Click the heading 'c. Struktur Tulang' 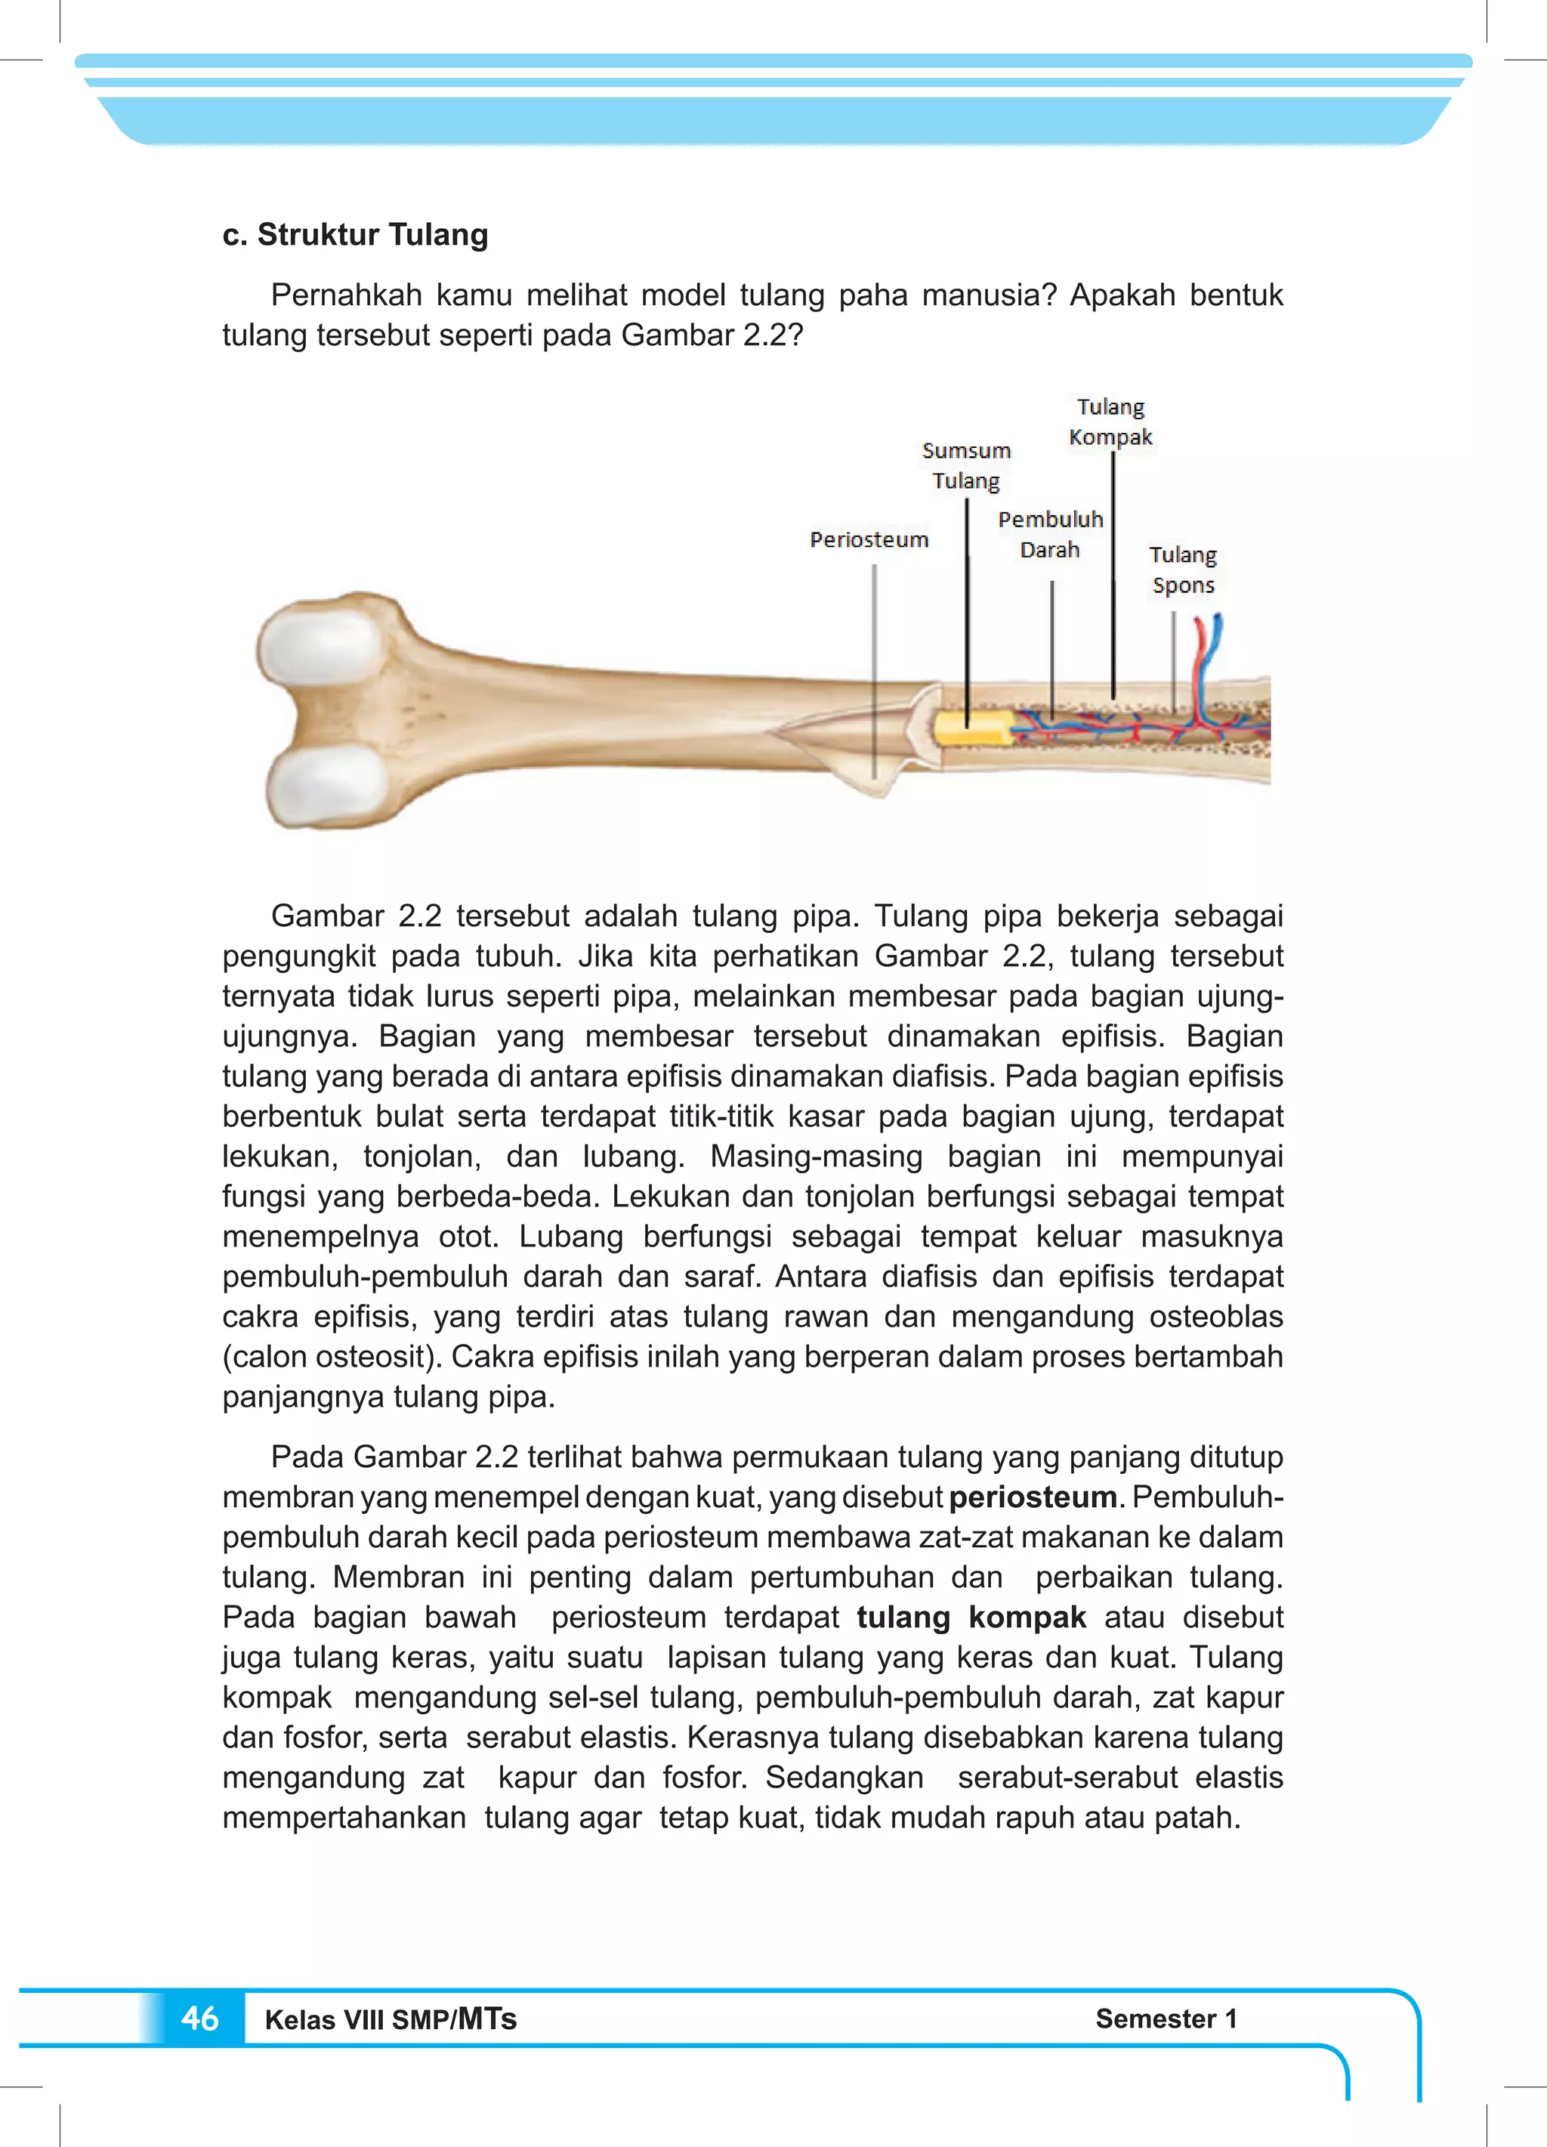point(355,235)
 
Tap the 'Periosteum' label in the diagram point(869,539)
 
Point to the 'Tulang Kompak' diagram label point(1110,422)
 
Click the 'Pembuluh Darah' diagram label point(1050,535)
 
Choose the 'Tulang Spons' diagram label point(1182,570)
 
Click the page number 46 point(199,2019)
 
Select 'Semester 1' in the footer point(1166,2019)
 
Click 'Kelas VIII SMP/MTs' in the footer point(390,2020)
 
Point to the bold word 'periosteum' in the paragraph point(1033,1497)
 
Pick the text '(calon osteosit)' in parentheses point(332,1357)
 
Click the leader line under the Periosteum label point(874,663)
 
